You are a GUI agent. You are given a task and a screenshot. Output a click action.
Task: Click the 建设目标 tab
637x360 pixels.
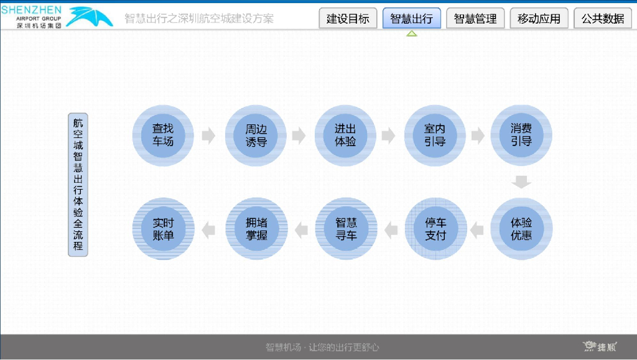click(348, 19)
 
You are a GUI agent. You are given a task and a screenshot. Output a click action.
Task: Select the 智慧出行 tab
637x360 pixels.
click(411, 19)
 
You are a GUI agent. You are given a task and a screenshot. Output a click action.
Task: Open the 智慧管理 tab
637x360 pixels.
click(475, 19)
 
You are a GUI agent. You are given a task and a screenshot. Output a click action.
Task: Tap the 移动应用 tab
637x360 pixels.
click(539, 19)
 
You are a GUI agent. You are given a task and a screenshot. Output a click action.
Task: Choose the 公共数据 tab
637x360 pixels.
click(603, 19)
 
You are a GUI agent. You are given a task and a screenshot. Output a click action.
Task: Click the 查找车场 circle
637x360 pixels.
click(163, 136)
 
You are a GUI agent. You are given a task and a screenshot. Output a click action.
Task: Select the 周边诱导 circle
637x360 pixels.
click(256, 136)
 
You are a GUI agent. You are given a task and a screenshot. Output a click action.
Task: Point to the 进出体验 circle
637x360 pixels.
click(345, 136)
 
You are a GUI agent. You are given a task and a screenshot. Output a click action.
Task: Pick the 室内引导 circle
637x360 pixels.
click(435, 136)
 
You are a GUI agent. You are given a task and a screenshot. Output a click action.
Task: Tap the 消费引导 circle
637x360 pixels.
click(521, 136)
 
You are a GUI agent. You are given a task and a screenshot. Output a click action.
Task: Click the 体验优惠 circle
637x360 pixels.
click(521, 229)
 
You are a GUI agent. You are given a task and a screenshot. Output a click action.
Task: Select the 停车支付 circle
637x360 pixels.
click(435, 229)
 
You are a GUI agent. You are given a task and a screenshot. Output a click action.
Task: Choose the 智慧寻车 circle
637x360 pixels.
click(345, 229)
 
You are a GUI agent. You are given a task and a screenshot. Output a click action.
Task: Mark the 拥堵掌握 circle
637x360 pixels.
click(256, 229)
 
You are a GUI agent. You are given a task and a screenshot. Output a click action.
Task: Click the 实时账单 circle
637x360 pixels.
click(163, 229)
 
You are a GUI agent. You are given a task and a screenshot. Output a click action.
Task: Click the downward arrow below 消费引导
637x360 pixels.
click(521, 182)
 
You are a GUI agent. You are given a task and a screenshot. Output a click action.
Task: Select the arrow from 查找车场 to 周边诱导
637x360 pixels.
click(209, 136)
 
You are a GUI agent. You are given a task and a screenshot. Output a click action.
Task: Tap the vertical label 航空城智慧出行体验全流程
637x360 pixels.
click(78, 185)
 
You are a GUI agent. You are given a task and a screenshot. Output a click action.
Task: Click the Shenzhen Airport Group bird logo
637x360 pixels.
click(91, 17)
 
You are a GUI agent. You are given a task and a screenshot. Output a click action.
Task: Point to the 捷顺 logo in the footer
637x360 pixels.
click(600, 346)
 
